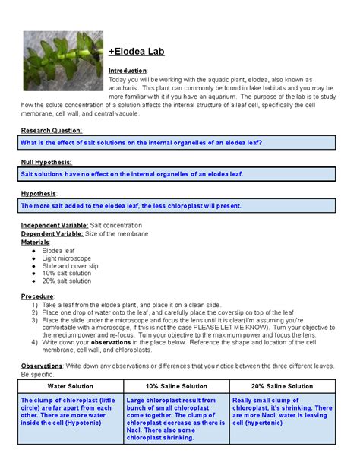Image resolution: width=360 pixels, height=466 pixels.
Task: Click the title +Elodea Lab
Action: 137,52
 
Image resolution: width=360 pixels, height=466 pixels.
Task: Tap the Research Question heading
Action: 49,130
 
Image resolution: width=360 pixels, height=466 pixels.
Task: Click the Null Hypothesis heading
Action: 46,162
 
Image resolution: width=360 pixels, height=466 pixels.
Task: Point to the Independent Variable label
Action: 54,225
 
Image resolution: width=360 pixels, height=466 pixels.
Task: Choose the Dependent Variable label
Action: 54,233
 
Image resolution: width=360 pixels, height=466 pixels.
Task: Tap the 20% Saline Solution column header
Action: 282,386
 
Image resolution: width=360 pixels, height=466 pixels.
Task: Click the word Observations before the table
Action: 42,366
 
